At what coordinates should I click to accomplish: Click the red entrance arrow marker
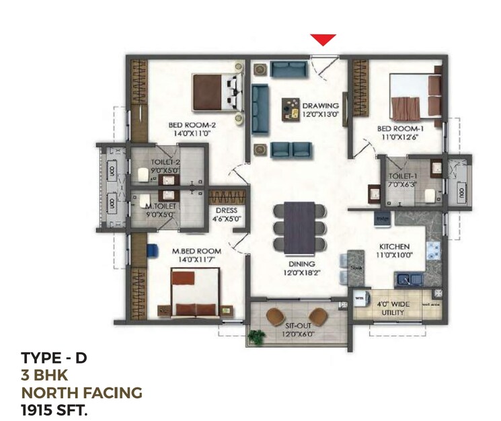[x=323, y=40]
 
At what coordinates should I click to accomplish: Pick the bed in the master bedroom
[x=194, y=292]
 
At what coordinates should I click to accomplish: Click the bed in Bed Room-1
[x=407, y=98]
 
